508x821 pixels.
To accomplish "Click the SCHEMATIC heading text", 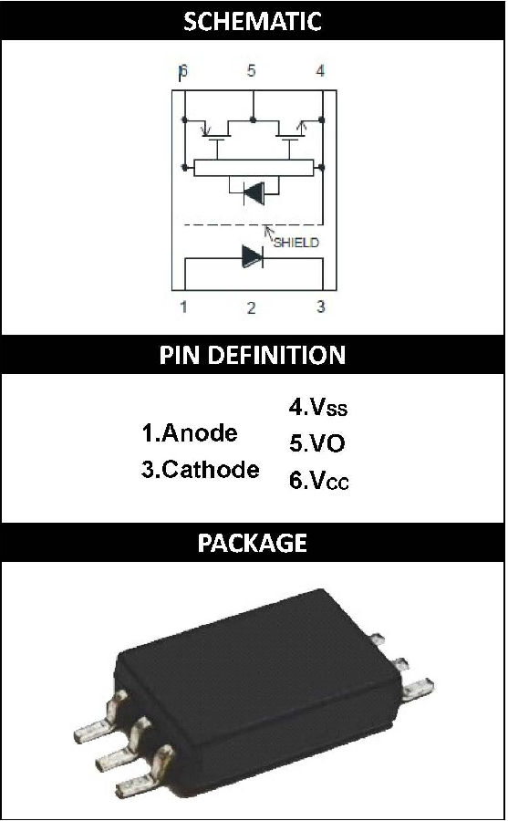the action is click(x=253, y=21).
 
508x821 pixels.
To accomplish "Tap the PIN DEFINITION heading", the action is click(x=253, y=355).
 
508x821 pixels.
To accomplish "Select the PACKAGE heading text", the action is click(x=253, y=543).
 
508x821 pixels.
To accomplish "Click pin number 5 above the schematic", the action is click(x=252, y=70).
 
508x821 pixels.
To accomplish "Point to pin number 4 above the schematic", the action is click(x=320, y=70).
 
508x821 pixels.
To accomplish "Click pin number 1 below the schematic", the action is click(x=183, y=307).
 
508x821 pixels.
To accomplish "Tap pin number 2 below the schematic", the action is click(x=252, y=308).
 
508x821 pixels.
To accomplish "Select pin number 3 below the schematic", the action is click(x=320, y=307).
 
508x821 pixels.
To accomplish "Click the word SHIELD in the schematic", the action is click(x=295, y=243).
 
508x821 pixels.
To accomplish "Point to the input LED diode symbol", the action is click(x=253, y=257).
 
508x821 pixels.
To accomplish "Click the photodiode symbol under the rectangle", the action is click(x=254, y=193).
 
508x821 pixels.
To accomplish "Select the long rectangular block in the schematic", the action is click(x=254, y=168).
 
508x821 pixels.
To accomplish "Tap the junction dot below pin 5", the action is click(x=253, y=120).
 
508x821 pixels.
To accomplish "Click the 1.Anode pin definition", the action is click(x=190, y=433).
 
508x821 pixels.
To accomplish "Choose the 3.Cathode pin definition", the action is click(x=200, y=469).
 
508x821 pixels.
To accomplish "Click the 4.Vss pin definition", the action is click(x=318, y=407).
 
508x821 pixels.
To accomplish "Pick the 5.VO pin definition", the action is click(x=316, y=443).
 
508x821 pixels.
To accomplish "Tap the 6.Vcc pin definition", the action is click(x=319, y=480).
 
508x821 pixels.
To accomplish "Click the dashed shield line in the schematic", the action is click(x=253, y=225).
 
